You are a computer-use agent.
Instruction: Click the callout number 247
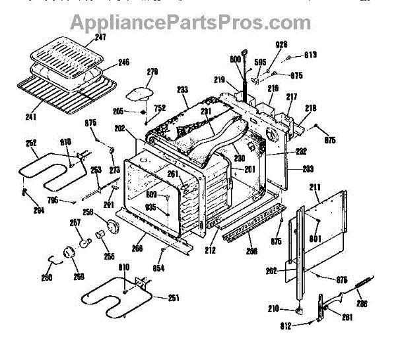(x=100, y=38)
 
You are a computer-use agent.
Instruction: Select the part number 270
(x=153, y=71)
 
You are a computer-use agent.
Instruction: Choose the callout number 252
(x=31, y=143)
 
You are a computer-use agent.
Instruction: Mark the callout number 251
(x=174, y=298)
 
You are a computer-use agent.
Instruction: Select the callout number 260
(x=47, y=277)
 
